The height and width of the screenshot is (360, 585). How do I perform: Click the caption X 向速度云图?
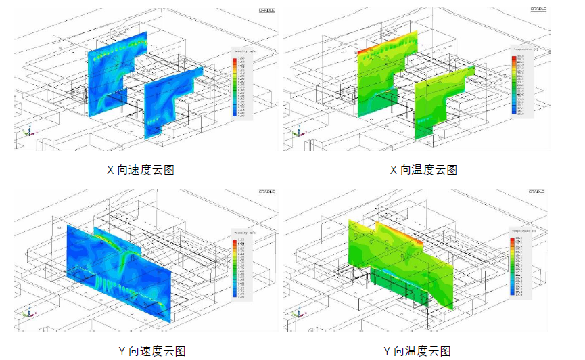point(141,170)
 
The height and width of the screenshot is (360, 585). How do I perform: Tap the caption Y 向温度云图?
point(417,351)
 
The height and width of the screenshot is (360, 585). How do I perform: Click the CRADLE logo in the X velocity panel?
point(266,10)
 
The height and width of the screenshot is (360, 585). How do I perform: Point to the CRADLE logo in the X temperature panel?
point(538,9)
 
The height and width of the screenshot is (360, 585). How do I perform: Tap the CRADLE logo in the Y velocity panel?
point(266,192)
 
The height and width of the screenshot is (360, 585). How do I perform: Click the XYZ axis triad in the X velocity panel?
point(28,133)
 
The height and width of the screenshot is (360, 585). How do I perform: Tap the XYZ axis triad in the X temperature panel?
point(298,133)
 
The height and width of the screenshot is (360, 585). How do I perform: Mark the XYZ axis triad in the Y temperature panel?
point(298,313)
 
